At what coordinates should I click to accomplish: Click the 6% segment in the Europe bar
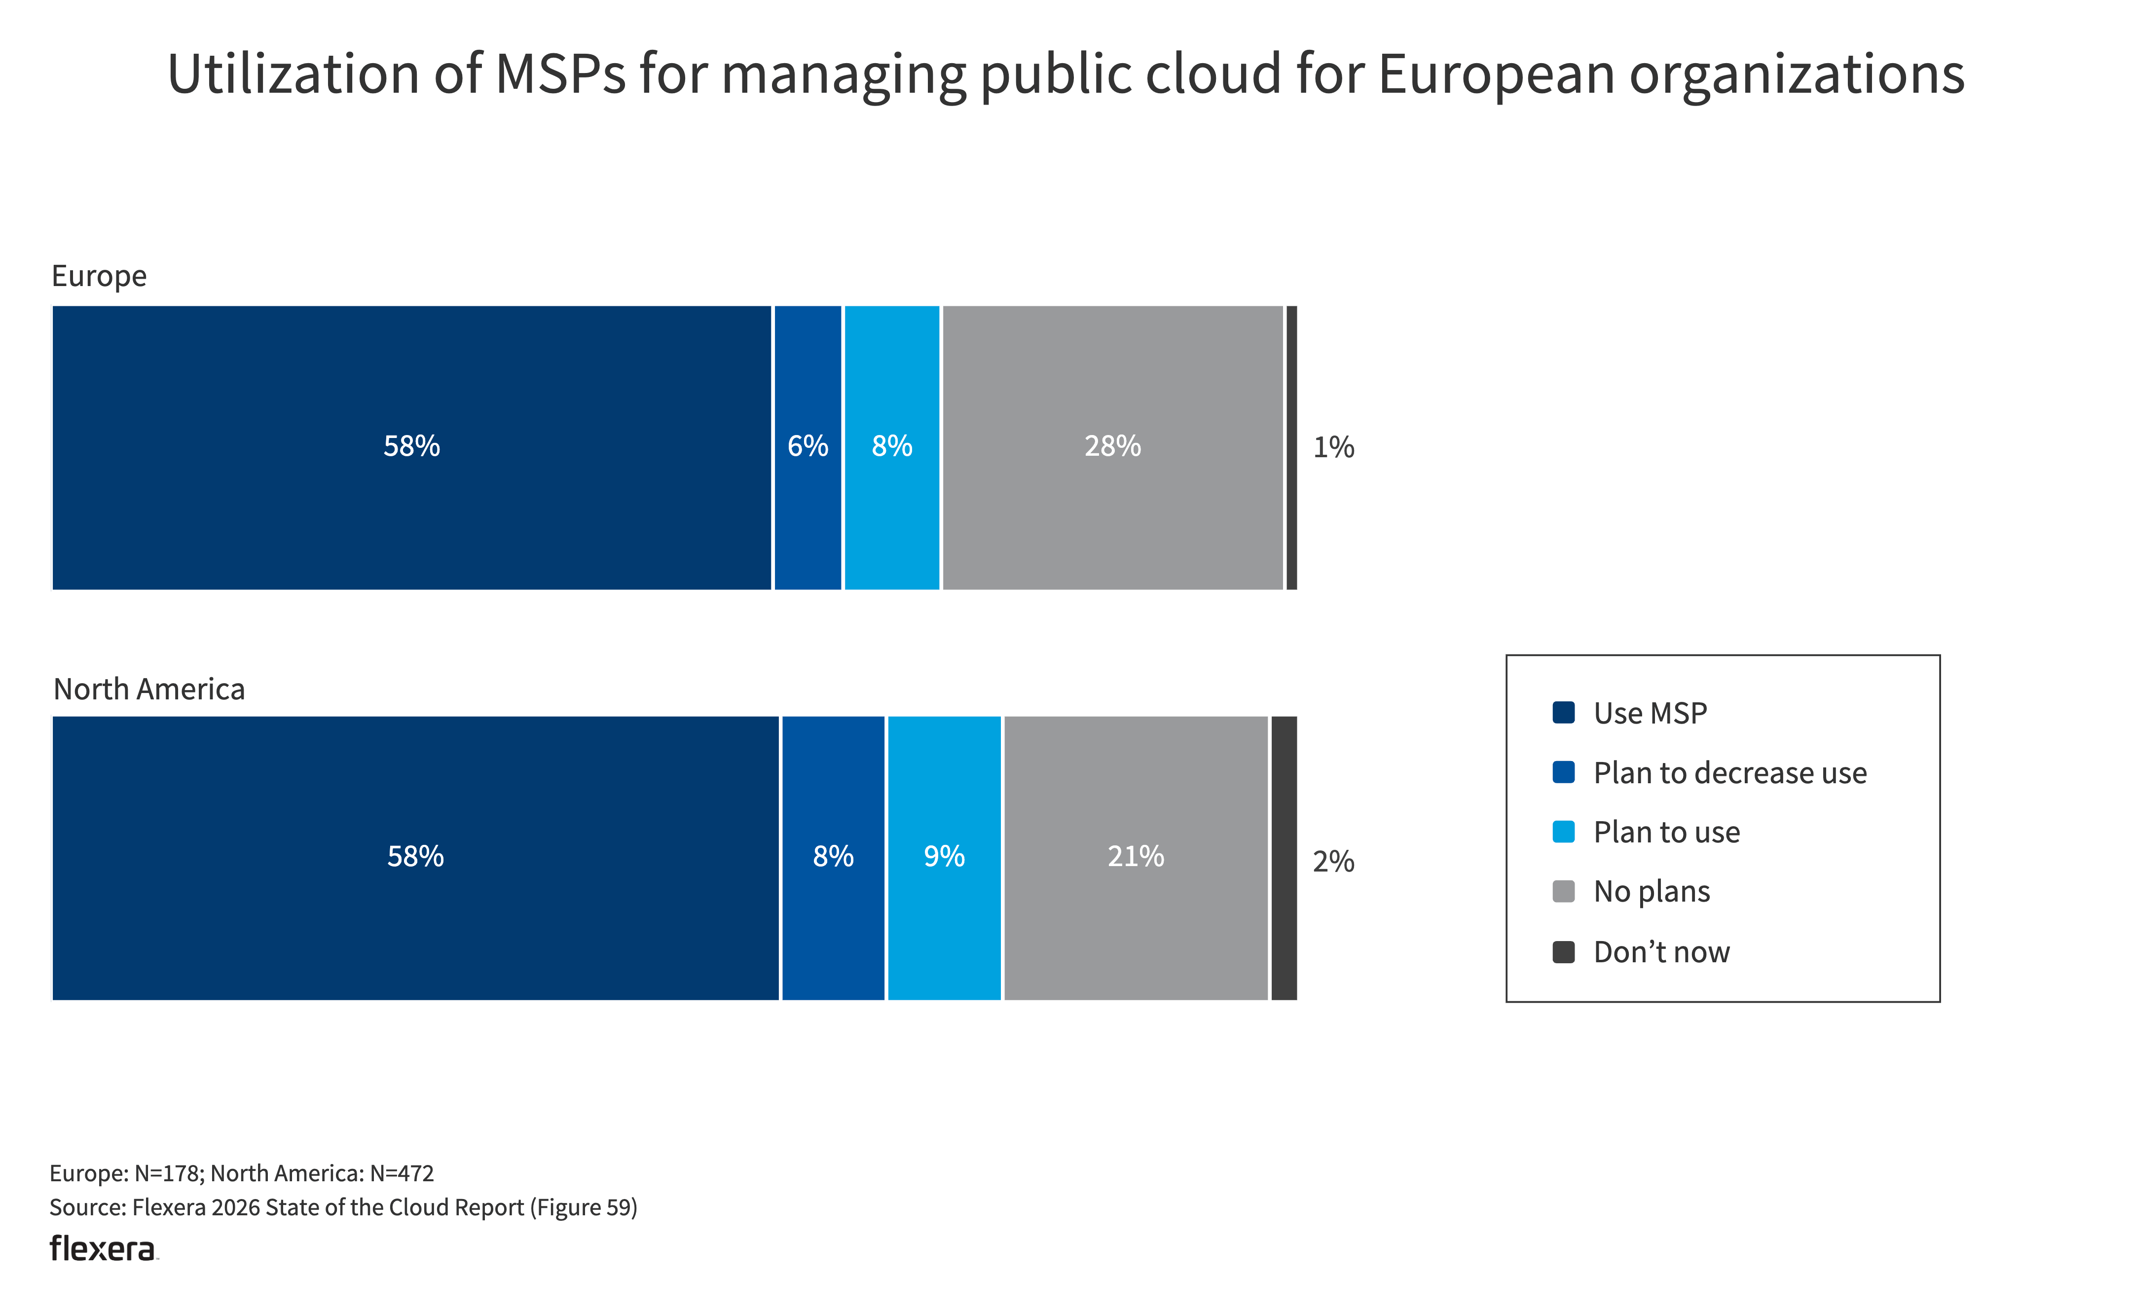tap(807, 447)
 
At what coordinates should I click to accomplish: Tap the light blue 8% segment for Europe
tap(892, 447)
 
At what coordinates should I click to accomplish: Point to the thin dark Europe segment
tap(1291, 447)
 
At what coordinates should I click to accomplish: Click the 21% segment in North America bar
tap(1135, 858)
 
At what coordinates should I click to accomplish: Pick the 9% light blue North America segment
tap(944, 858)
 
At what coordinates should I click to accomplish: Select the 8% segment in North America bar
tap(833, 858)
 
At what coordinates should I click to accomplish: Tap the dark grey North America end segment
tap(1284, 858)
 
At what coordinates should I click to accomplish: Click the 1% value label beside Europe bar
tap(1333, 447)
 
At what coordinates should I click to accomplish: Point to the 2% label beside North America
tap(1333, 861)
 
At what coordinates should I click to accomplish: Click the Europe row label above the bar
tap(99, 276)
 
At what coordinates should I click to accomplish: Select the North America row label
tap(149, 690)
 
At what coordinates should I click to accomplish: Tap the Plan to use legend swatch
tap(1563, 832)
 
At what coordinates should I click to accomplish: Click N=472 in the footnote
tap(401, 1173)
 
